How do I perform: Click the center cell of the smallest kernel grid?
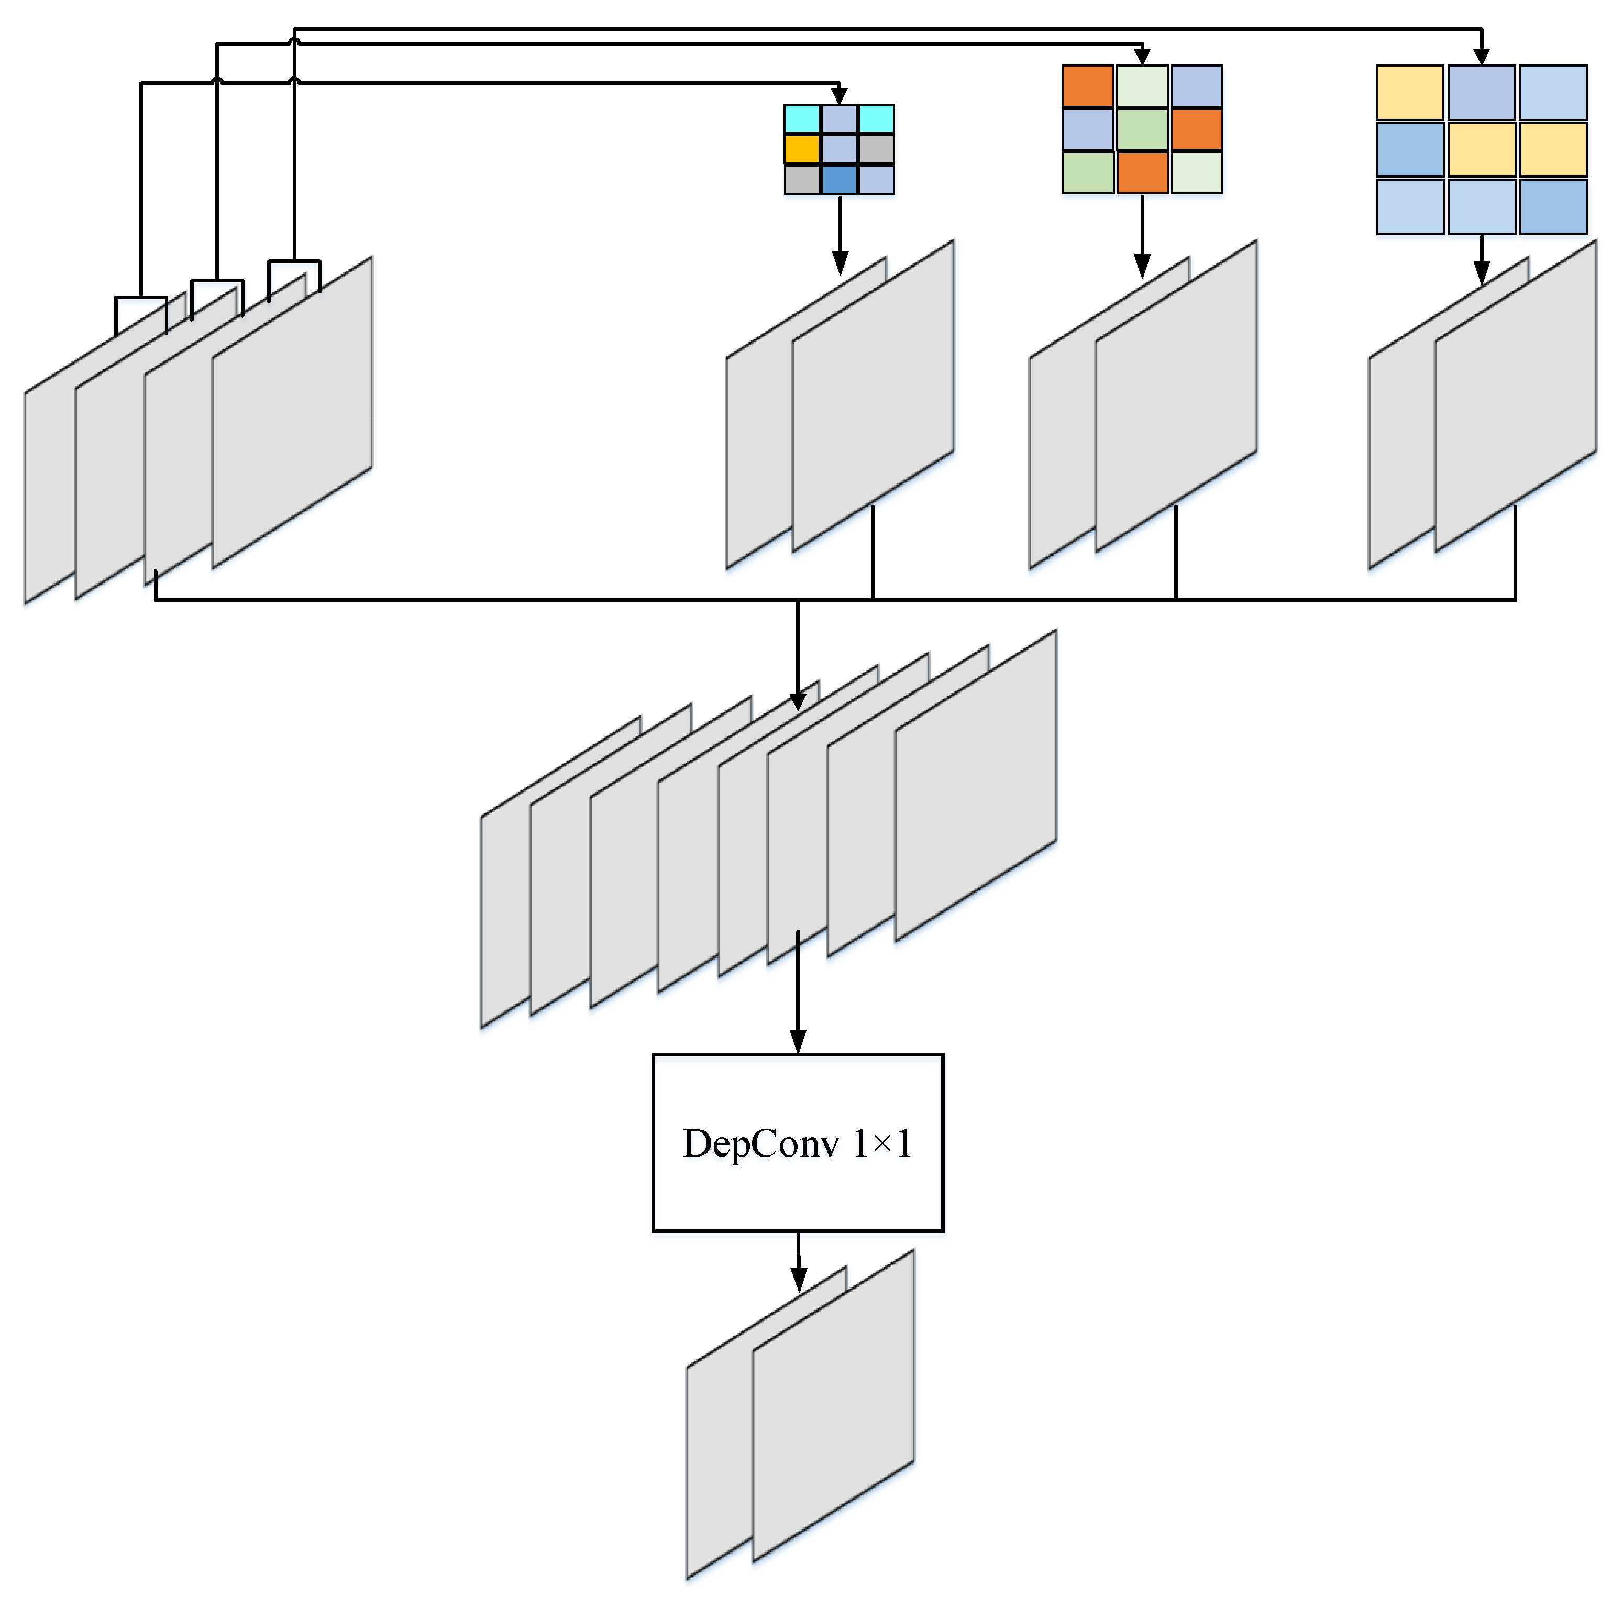coord(838,149)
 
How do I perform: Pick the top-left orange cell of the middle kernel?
coord(1087,86)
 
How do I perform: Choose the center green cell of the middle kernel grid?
coord(1142,129)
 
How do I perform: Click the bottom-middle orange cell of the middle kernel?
coord(1142,172)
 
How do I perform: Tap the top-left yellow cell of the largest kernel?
coord(1410,92)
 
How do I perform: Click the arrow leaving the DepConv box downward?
coord(798,1260)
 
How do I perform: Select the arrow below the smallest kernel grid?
coord(839,235)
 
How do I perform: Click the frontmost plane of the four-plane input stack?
coord(292,412)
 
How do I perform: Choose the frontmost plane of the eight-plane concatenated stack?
coord(975,786)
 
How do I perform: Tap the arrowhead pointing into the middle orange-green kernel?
coord(1142,57)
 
